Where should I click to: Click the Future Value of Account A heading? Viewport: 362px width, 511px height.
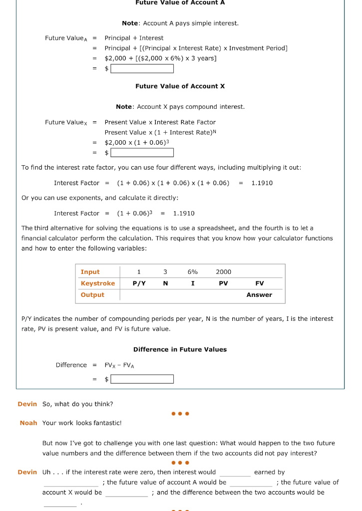(180, 2)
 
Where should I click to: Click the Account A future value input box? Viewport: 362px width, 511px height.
(142, 68)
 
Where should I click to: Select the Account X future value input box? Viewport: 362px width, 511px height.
(142, 152)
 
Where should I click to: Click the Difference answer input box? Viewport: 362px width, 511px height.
(142, 379)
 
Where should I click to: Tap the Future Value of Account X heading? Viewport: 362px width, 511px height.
(180, 86)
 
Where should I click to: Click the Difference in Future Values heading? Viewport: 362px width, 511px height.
(180, 349)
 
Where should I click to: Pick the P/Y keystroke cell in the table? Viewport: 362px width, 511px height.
(139, 283)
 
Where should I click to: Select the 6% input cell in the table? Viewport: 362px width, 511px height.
(192, 272)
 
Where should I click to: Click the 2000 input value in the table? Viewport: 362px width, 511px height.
(223, 272)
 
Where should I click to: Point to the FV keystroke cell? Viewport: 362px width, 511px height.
(259, 283)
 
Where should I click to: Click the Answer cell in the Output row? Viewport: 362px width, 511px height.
(259, 295)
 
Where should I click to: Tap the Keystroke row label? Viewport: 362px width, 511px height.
(98, 283)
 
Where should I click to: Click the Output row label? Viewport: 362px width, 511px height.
(92, 295)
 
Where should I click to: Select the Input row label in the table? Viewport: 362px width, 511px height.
(90, 272)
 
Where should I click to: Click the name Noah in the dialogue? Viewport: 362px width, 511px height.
(28, 423)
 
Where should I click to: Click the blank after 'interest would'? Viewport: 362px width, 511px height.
(235, 473)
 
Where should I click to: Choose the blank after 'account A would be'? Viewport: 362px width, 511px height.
(251, 483)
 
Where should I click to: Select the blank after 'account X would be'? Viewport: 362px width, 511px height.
(126, 493)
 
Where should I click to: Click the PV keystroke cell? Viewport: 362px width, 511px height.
(223, 283)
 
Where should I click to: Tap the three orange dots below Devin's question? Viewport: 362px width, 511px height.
(180, 414)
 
